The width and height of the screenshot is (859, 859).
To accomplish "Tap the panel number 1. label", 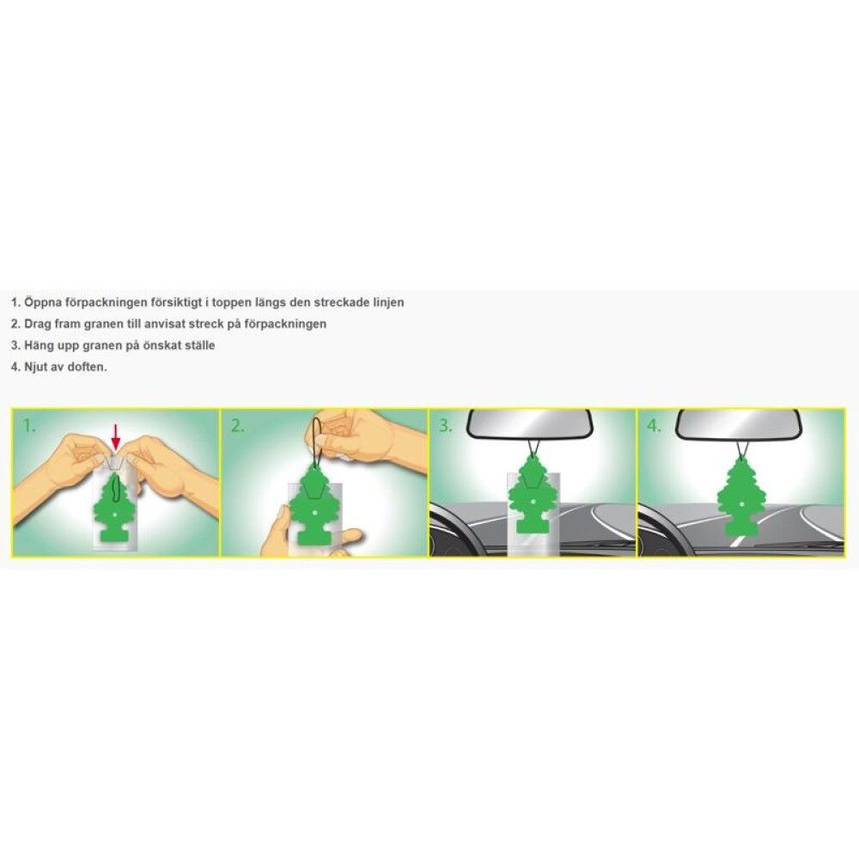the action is (x=29, y=426).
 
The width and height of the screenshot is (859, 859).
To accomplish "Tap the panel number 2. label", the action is (x=237, y=426).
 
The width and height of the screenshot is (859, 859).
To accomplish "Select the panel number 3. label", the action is (x=445, y=426).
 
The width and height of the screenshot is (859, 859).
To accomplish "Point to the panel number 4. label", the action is (x=654, y=426).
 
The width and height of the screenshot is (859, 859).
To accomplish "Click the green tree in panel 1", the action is (x=116, y=507).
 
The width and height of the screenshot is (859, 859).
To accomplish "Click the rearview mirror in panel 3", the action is (x=528, y=423).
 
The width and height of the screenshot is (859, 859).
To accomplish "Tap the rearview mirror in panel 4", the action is (x=739, y=423).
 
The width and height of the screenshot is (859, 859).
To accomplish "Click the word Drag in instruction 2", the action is (x=37, y=324).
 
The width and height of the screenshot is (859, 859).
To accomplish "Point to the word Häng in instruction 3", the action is (x=39, y=345).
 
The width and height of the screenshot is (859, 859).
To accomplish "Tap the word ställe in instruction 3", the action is (x=198, y=345).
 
